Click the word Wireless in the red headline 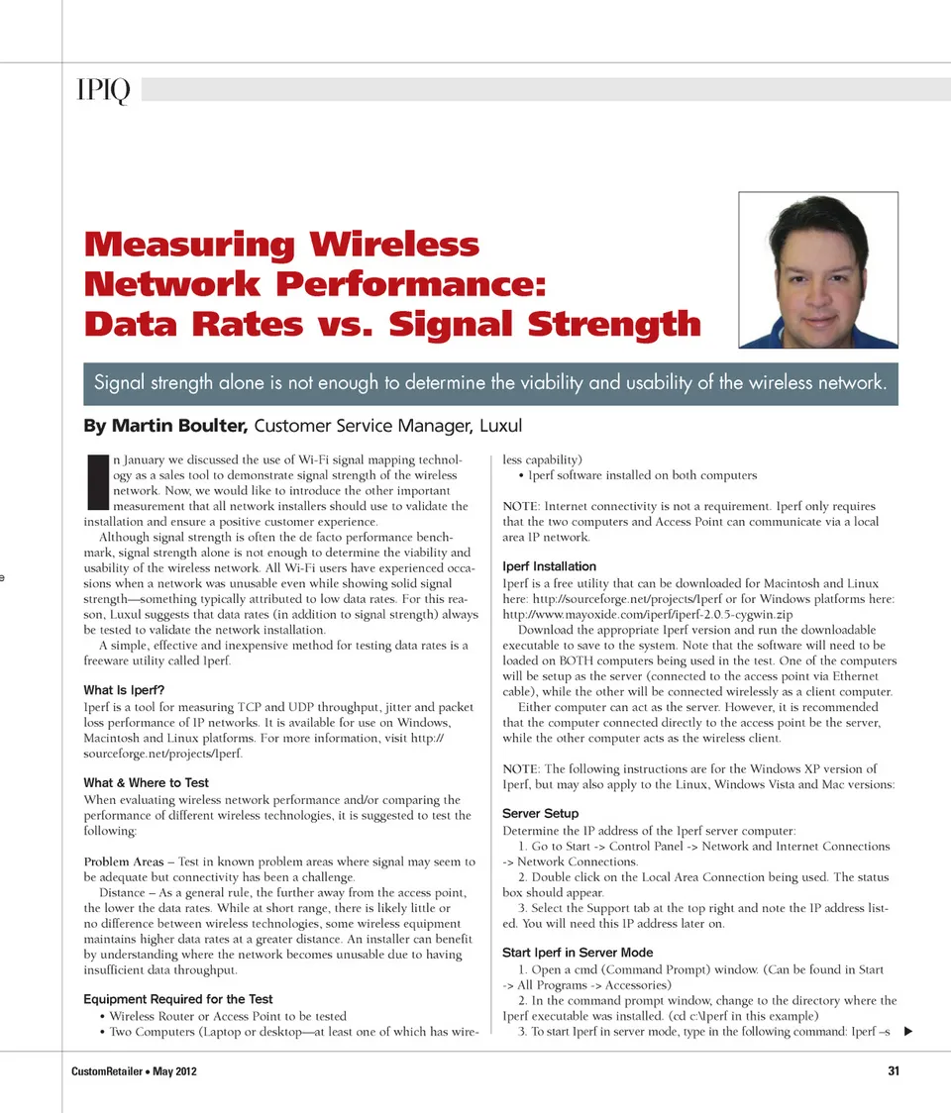tap(395, 245)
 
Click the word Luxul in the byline tap(500, 427)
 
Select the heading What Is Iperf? tap(124, 689)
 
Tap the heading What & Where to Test tap(146, 782)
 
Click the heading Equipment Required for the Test tap(177, 999)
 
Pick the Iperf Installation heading tap(550, 566)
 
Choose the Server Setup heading tap(540, 813)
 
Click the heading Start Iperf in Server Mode tap(578, 953)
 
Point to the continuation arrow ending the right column tap(907, 1032)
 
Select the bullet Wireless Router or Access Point tap(228, 1016)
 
